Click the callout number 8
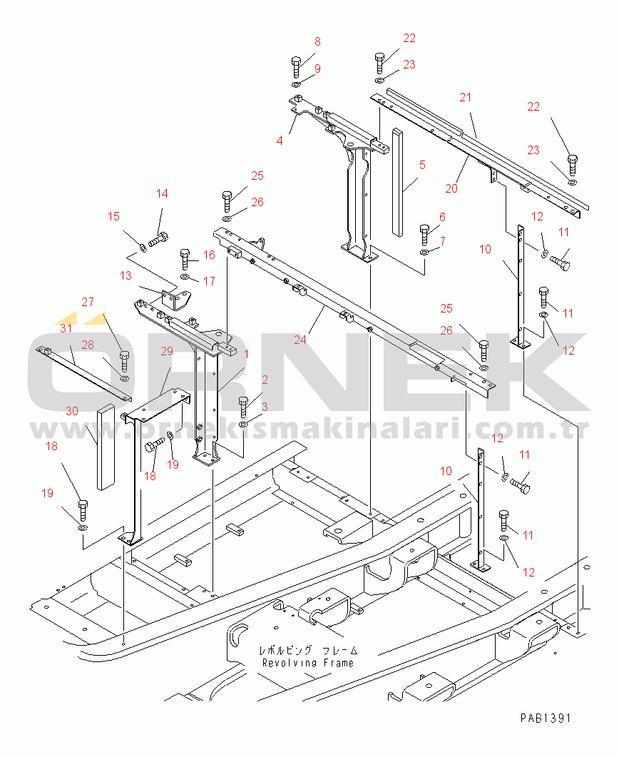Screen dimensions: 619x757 coord(317,42)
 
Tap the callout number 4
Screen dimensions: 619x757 coord(280,141)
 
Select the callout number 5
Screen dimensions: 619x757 coord(422,165)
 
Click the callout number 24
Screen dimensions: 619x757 coord(300,340)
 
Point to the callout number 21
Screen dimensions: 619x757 coord(465,98)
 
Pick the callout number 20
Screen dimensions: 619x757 coord(451,189)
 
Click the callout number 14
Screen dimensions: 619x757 coord(162,193)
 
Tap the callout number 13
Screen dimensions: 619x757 coord(126,275)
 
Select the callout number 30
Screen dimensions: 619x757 coord(72,412)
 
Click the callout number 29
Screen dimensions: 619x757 coord(167,352)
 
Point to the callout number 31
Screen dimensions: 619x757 coord(66,329)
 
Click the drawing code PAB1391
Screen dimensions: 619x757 coord(545,718)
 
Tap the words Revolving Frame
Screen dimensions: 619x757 coord(308,663)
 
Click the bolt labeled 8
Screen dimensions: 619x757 coord(296,66)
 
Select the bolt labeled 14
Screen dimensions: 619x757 coord(158,239)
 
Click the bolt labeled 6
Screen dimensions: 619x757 coord(424,235)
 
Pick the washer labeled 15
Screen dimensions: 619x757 coord(143,248)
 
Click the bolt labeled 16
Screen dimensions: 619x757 coord(185,259)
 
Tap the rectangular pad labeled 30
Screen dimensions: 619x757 coord(106,447)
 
